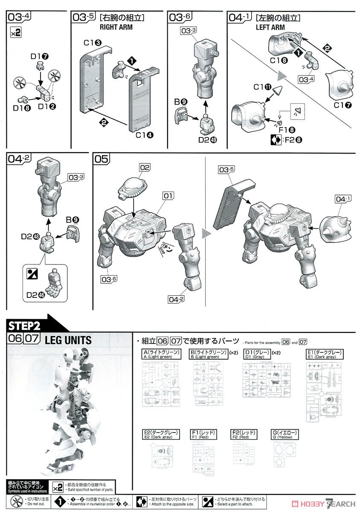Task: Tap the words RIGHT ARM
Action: click(116, 27)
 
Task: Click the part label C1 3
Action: click(92, 43)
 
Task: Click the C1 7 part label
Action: click(340, 105)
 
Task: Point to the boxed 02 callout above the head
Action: click(145, 168)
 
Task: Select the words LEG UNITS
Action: click(68, 340)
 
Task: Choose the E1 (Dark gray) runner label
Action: click(324, 354)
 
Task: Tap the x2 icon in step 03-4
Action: click(15, 32)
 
